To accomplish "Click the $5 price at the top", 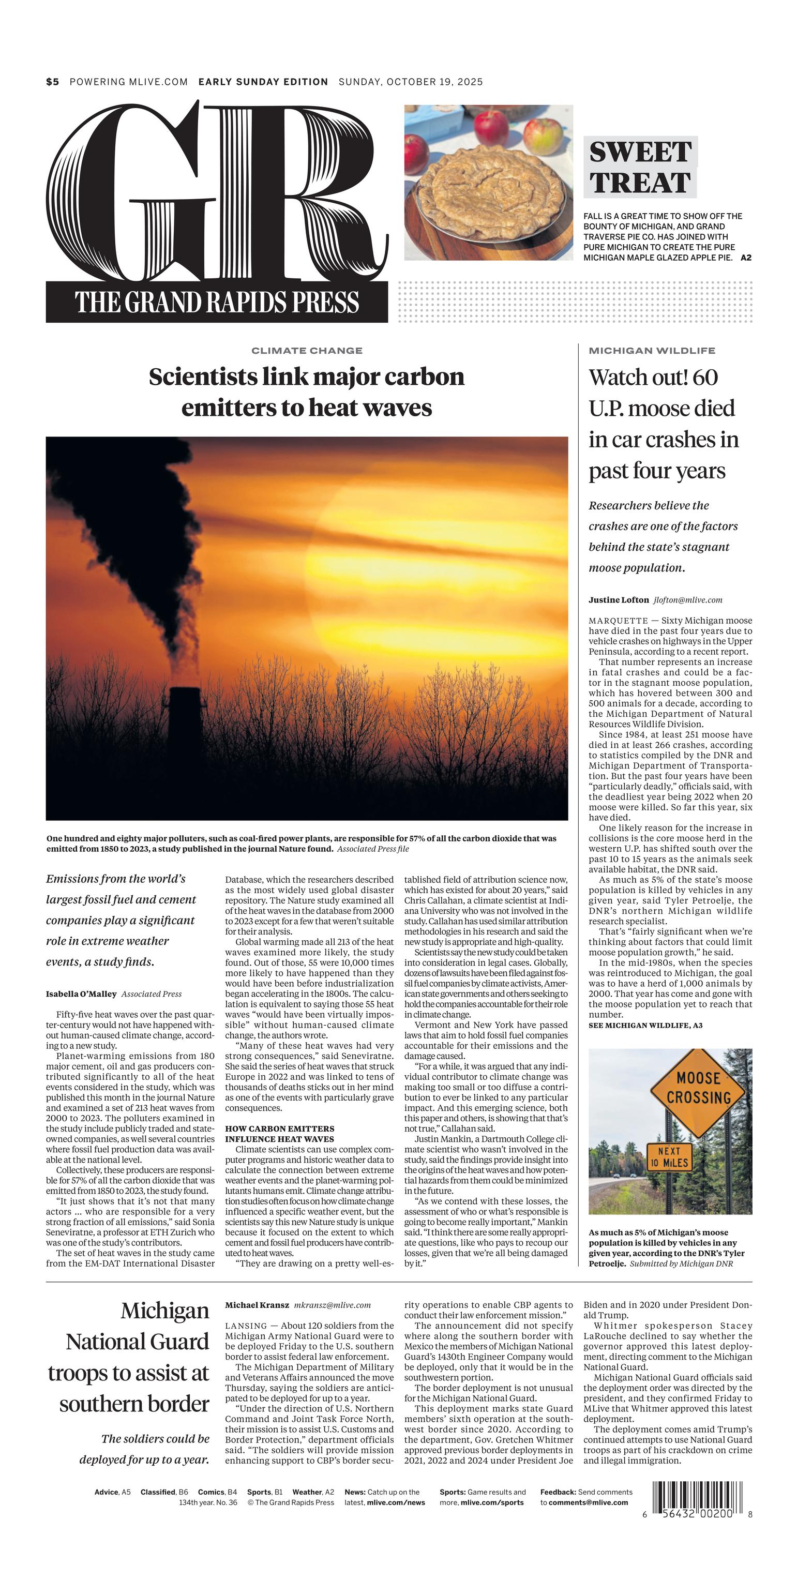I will click(53, 82).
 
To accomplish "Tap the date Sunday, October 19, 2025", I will click(411, 82).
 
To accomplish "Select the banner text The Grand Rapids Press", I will click(217, 302).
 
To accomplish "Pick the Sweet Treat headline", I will click(640, 167).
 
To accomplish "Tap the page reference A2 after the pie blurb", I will click(746, 258).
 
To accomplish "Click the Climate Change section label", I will click(307, 351).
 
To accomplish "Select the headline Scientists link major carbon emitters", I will click(307, 392).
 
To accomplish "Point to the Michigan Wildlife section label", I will click(652, 351).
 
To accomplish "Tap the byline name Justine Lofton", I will click(618, 599).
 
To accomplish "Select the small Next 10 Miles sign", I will click(669, 1156).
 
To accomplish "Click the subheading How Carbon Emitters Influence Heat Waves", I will click(279, 1134).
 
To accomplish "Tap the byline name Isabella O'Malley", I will click(81, 994).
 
